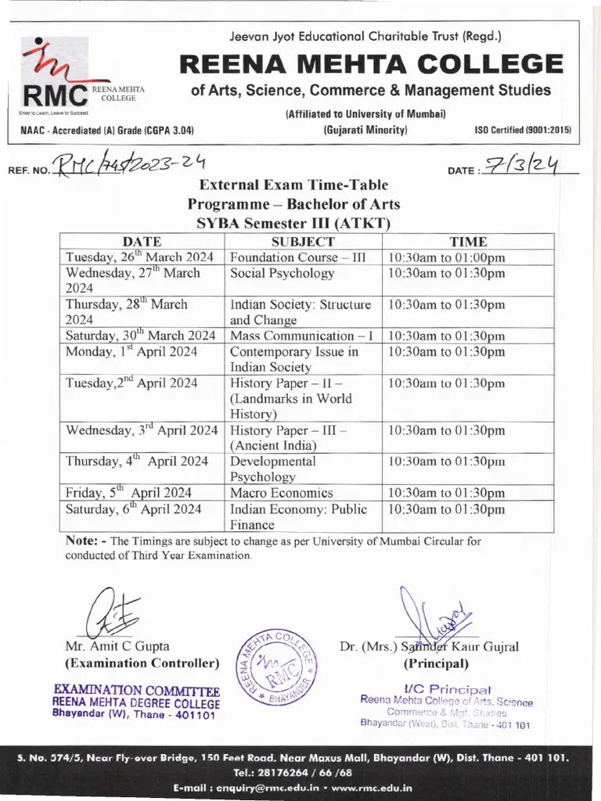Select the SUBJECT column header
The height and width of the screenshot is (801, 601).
tap(303, 242)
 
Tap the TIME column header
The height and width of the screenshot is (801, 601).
tap(468, 242)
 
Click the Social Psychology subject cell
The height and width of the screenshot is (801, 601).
tap(282, 273)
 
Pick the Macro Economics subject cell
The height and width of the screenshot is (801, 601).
tap(282, 493)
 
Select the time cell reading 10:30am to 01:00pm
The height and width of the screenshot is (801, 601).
tap(446, 257)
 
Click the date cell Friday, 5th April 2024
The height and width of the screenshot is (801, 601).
tap(128, 493)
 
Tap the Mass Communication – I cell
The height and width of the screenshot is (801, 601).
tap(301, 336)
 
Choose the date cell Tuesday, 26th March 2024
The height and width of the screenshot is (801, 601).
tap(139, 257)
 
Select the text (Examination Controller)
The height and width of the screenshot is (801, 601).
tap(142, 663)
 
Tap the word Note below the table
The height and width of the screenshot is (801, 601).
tap(81, 541)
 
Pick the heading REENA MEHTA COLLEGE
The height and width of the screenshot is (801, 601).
tap(371, 63)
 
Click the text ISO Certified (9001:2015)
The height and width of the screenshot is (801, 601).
tap(523, 130)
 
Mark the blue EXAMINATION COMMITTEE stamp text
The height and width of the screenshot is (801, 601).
tap(136, 691)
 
